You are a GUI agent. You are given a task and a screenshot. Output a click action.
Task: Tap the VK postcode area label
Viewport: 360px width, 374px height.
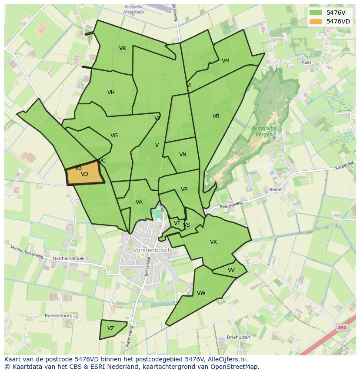click(x=123, y=48)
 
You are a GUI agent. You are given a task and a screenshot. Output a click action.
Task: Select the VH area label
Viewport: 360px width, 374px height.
click(x=111, y=93)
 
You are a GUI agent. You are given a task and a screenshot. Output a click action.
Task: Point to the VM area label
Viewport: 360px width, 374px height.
click(x=225, y=61)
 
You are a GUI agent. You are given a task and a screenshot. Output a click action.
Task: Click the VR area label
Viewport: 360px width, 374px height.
click(x=216, y=116)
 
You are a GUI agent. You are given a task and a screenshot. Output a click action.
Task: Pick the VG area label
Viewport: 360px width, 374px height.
click(x=114, y=136)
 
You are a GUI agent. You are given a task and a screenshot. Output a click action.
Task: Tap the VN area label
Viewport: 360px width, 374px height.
click(x=183, y=155)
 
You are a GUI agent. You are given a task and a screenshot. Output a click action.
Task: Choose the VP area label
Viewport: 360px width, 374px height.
click(x=184, y=189)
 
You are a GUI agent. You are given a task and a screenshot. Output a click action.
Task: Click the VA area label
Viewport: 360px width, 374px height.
click(x=139, y=202)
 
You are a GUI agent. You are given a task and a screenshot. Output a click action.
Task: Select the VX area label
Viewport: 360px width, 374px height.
click(x=213, y=242)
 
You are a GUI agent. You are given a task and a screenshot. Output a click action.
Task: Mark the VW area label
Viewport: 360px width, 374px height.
click(x=201, y=293)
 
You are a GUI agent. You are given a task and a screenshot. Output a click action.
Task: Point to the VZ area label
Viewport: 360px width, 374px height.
click(x=111, y=328)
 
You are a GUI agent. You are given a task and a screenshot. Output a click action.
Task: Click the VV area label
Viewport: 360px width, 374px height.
click(x=231, y=270)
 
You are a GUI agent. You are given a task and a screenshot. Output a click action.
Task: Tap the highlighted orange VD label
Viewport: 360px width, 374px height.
click(x=84, y=174)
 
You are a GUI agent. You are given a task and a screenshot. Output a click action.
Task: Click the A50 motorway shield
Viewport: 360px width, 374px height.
click(x=342, y=328)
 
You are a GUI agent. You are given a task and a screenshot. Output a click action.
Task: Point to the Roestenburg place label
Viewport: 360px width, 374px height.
click(x=58, y=316)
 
